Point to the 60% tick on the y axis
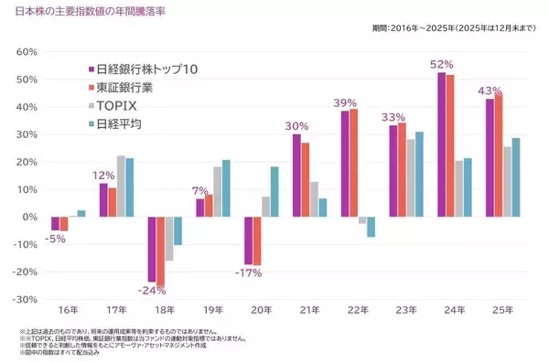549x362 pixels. tap(20, 52)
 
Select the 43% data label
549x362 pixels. tap(492, 90)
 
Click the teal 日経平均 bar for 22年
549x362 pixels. tap(371, 227)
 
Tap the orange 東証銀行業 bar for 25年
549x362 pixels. tap(498, 155)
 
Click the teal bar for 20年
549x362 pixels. tap(274, 191)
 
